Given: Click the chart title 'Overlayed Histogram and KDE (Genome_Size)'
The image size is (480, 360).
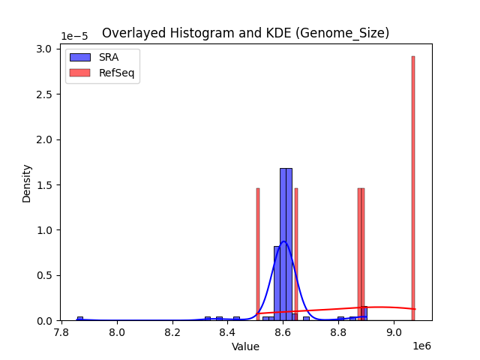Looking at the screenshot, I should [245, 33].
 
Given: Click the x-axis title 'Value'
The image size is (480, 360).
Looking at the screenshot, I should [245, 346].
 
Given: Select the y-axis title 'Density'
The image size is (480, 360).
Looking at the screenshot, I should [27, 183].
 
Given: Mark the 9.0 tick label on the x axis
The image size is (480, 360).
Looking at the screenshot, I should [394, 331].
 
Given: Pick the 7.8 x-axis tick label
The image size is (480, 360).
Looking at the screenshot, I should [61, 331].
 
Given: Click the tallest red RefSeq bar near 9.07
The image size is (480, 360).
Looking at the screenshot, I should [412, 187].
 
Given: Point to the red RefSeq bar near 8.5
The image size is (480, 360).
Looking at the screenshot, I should [258, 255].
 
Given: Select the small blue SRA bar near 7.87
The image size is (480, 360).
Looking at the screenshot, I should [80, 318].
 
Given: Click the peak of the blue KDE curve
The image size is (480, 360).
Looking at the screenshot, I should [283, 241].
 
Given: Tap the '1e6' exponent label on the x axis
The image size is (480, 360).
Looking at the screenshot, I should [421, 346].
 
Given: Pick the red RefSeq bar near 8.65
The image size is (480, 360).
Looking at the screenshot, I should [296, 255].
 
